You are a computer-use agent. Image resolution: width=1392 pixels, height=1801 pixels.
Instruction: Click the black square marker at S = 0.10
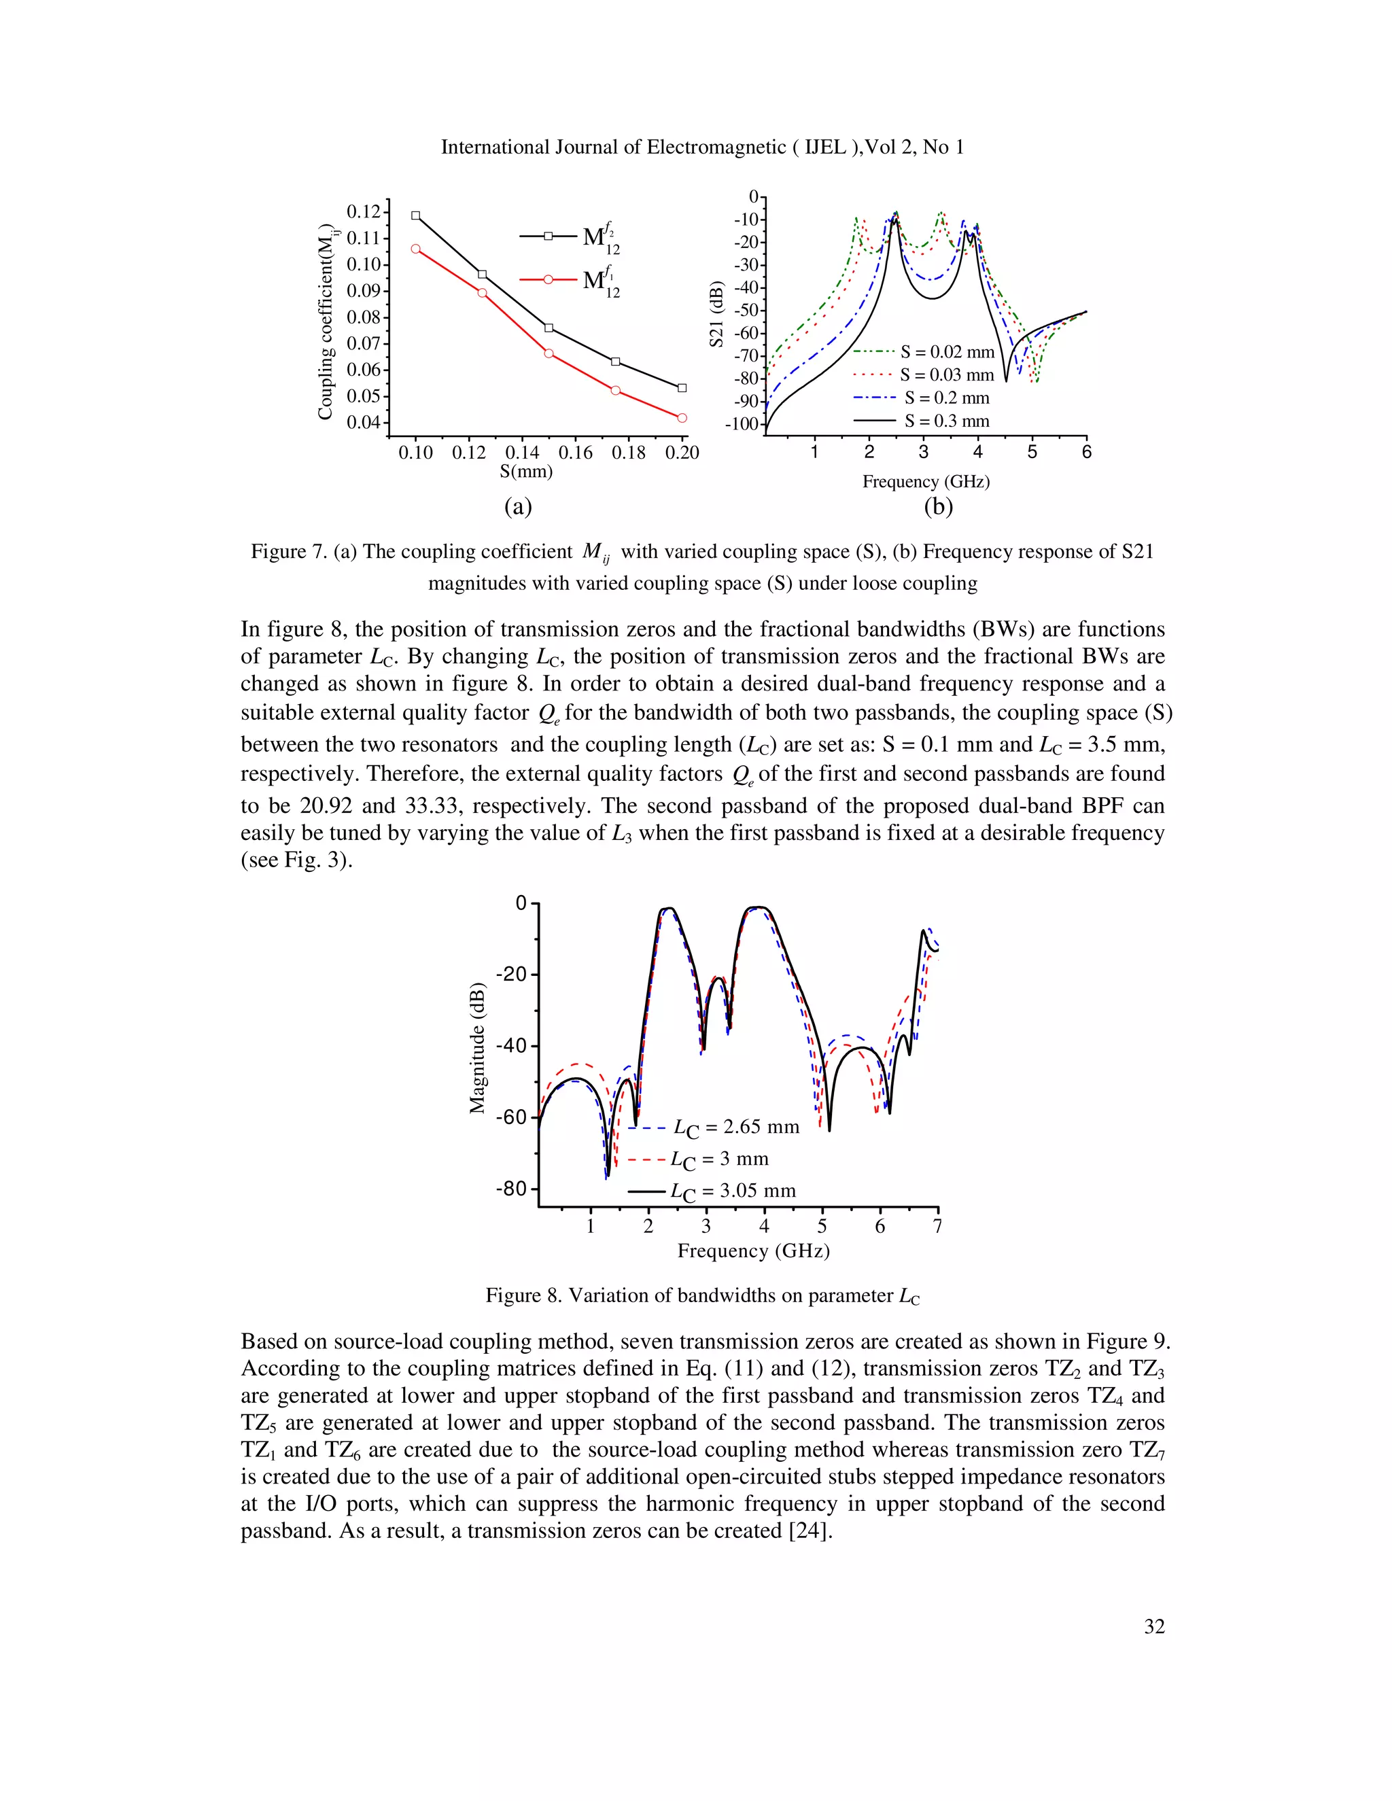coord(415,216)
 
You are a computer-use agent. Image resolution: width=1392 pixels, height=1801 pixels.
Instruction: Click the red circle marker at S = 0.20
coord(682,418)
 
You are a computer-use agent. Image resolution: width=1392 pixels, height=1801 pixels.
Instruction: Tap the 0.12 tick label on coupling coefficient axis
coord(364,212)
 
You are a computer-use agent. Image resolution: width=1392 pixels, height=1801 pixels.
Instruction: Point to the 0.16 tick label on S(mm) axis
coord(575,453)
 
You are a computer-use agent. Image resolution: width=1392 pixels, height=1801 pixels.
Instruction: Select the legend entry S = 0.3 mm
coord(947,421)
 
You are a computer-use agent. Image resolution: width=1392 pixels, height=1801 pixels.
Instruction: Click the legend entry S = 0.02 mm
coord(947,353)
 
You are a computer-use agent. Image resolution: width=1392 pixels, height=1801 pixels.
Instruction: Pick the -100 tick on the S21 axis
coord(741,425)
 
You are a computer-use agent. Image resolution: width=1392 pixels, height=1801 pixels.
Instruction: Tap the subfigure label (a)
coord(518,506)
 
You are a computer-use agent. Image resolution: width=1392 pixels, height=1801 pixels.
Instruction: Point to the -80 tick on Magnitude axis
coord(510,1189)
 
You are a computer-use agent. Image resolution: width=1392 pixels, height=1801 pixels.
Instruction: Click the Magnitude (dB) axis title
coord(477,1048)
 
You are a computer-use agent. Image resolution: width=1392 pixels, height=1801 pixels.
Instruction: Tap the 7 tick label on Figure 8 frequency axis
coord(937,1227)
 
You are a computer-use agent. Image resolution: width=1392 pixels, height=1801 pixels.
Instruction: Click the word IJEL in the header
coord(824,147)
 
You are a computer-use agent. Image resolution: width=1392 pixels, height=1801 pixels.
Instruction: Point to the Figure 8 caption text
coord(703,1295)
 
